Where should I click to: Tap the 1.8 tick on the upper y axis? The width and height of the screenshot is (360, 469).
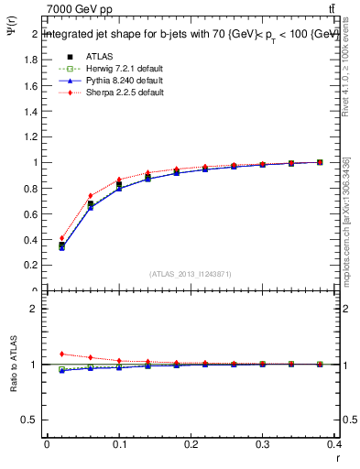[x=30, y=60]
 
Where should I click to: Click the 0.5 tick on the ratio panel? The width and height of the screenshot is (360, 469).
[x=30, y=420]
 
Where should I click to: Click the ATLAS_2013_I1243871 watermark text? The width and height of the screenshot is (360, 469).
[x=191, y=274]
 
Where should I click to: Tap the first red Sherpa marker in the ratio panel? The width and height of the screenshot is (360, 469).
[x=62, y=354]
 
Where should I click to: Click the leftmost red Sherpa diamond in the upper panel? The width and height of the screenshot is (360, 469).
[x=62, y=238]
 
